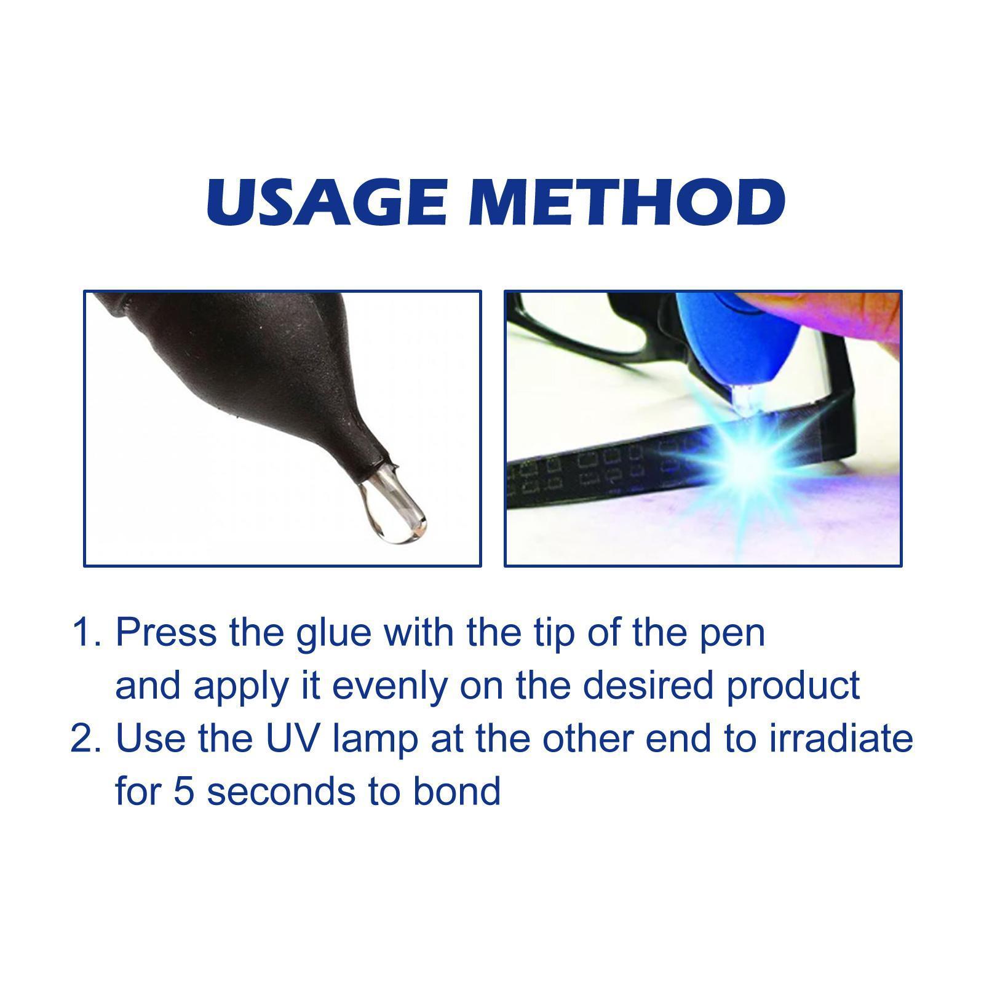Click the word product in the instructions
tap(793, 685)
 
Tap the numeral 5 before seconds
tap(183, 791)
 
